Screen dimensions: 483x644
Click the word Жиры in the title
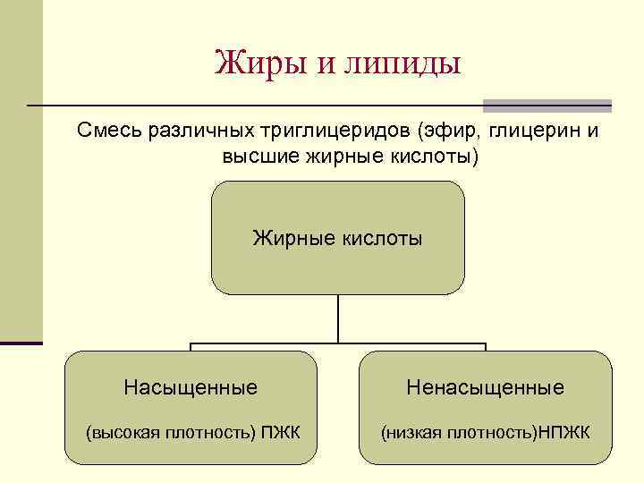[253, 64]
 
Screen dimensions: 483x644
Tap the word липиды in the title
[411, 64]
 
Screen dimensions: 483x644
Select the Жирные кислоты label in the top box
[337, 238]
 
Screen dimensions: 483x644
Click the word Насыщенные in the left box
[191, 387]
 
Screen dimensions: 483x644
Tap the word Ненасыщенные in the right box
[485, 387]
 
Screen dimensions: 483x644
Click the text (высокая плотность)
[169, 434]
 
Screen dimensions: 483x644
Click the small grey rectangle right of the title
[547, 104]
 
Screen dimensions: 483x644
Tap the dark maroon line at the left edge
[21, 343]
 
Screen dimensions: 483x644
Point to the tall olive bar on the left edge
[21, 170]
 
